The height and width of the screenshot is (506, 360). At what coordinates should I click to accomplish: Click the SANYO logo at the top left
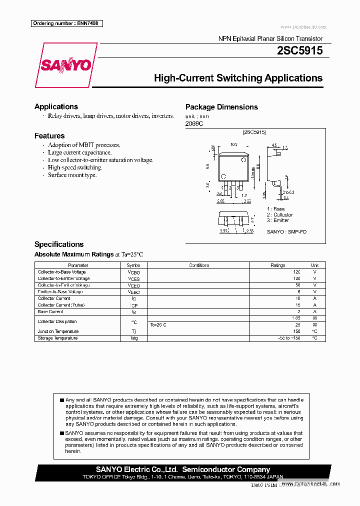pyautogui.click(x=65, y=65)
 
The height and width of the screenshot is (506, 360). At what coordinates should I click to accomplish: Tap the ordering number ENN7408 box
pyautogui.click(x=66, y=23)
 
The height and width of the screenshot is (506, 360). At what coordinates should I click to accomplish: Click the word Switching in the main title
pyautogui.click(x=239, y=78)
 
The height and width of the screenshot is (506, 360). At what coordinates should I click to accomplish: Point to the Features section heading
pyautogui.click(x=49, y=135)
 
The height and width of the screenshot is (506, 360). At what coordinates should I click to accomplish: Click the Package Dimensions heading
pyautogui.click(x=221, y=107)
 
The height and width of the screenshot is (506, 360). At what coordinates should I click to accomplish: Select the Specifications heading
pyautogui.click(x=58, y=244)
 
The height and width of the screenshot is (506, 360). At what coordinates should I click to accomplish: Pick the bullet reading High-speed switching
pyautogui.click(x=74, y=167)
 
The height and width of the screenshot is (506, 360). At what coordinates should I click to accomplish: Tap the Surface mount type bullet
pyautogui.click(x=72, y=175)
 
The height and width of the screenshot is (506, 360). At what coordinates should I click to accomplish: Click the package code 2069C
pyautogui.click(x=194, y=123)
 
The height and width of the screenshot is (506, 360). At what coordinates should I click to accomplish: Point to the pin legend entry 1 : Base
pyautogui.click(x=275, y=209)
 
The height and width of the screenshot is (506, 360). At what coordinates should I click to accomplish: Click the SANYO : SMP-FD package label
pyautogui.click(x=286, y=231)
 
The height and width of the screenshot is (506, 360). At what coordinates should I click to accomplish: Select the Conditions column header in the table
pyautogui.click(x=199, y=265)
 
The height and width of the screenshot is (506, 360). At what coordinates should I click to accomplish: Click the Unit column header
pyautogui.click(x=314, y=265)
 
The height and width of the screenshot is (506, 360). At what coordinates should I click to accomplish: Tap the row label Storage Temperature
pyautogui.click(x=57, y=338)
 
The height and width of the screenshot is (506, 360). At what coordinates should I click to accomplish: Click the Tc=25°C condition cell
pyautogui.click(x=158, y=325)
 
